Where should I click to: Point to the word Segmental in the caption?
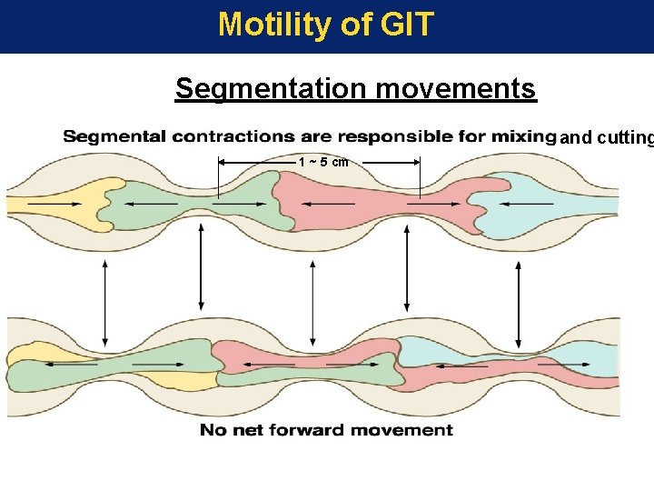114,137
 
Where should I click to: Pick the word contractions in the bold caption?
232,137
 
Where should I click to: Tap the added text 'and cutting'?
606,139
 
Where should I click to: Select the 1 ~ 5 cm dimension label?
323,162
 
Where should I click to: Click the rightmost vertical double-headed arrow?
519,288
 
